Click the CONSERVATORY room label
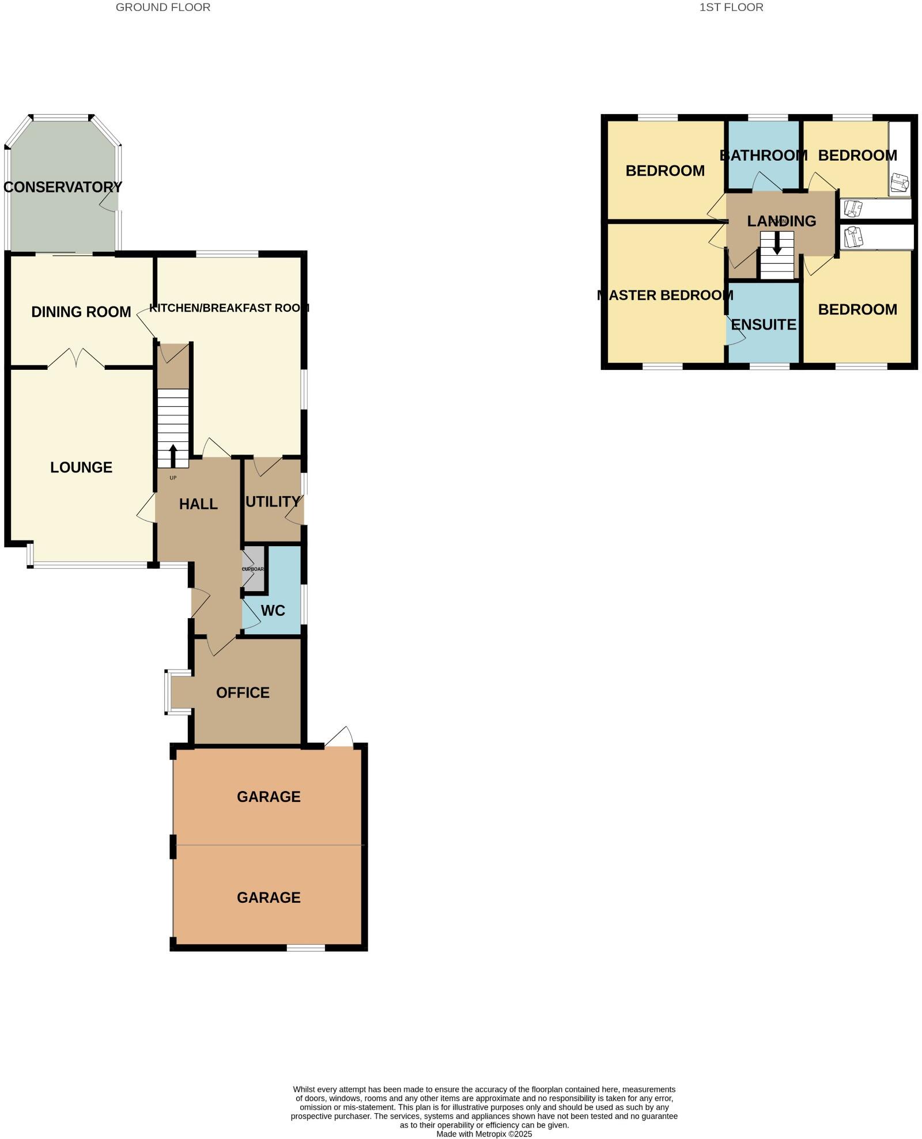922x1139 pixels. point(62,187)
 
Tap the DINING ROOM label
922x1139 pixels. point(81,312)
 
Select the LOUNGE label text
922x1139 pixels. point(81,467)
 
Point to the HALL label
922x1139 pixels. point(198,504)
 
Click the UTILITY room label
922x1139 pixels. point(273,502)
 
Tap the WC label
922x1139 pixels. point(273,611)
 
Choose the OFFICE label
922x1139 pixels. point(243,693)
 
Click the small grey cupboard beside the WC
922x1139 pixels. point(253,569)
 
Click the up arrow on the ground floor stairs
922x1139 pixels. point(173,455)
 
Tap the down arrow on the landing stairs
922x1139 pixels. point(777,243)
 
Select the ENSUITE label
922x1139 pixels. point(764,325)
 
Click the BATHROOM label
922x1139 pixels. point(764,155)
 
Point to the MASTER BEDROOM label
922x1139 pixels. point(666,296)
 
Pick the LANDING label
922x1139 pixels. point(781,221)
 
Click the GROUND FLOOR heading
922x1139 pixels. point(163,7)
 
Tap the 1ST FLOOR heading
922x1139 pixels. point(731,7)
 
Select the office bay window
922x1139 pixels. point(168,692)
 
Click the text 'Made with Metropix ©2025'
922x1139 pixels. point(484,1134)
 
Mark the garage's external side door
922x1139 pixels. point(339,738)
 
